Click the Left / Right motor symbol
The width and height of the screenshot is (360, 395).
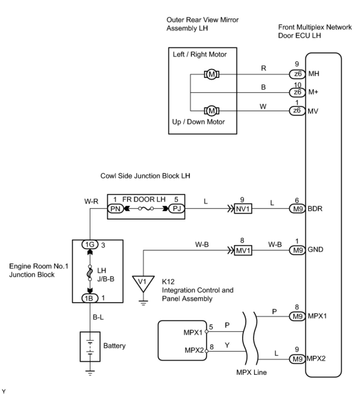click(212, 74)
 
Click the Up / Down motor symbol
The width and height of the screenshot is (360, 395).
click(212, 111)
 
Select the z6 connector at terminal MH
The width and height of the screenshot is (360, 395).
click(297, 74)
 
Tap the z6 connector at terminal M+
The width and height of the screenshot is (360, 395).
click(297, 92)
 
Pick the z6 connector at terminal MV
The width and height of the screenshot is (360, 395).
click(297, 111)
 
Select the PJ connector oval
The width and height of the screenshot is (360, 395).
click(176, 209)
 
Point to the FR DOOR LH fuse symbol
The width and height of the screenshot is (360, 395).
click(146, 209)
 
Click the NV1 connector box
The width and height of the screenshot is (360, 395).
click(243, 209)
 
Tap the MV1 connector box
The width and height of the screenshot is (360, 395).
click(243, 250)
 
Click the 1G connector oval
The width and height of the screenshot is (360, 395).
click(90, 244)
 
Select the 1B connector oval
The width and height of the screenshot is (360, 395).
click(90, 298)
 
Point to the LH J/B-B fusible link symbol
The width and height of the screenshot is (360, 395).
click(90, 273)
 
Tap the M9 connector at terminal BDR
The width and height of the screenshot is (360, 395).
click(297, 209)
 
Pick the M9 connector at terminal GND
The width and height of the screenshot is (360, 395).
click(297, 250)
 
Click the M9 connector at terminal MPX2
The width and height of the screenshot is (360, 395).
click(297, 359)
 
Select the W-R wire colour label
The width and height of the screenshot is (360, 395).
click(91, 201)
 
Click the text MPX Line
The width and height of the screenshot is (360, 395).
click(251, 372)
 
